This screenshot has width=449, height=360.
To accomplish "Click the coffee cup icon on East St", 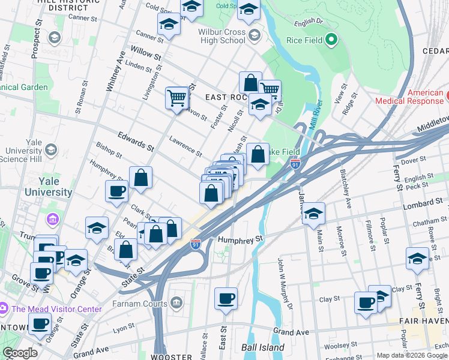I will pyautogui.click(x=226, y=298).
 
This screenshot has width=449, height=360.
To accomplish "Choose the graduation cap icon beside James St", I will pyautogui.click(x=313, y=213).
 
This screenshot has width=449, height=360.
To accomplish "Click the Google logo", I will pyautogui.click(x=20, y=352).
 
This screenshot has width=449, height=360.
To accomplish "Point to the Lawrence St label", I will pyautogui.click(x=184, y=145).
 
